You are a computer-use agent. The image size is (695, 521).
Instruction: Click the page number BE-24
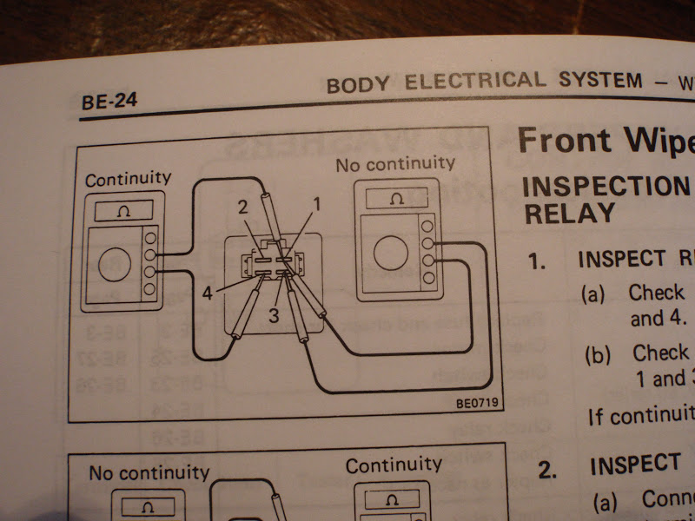[109, 102]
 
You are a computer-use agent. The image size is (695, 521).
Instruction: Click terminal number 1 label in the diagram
[317, 205]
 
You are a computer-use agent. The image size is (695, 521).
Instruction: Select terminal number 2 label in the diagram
[244, 206]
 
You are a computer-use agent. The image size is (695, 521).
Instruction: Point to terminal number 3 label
[273, 316]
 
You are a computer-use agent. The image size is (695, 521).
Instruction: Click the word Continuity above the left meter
[128, 179]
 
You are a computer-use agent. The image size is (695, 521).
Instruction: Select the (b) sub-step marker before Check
[599, 354]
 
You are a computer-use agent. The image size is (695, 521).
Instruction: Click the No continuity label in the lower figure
[149, 472]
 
